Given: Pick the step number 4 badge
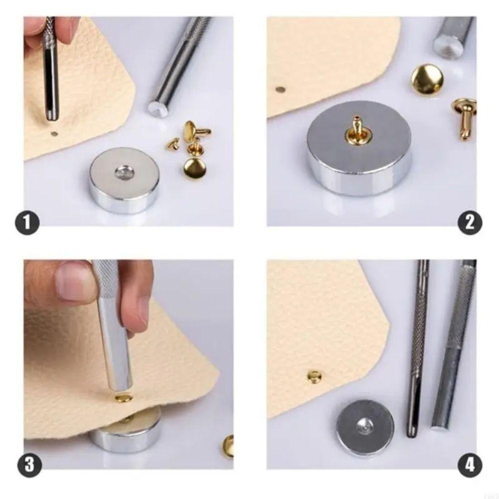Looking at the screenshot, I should point(470,465).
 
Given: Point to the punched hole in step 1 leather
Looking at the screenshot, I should point(54,134).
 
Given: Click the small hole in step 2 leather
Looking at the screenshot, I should point(280,90).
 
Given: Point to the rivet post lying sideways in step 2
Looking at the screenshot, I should point(464,118).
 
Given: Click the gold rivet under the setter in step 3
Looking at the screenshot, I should point(121,398).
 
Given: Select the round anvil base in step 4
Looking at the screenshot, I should point(365,428).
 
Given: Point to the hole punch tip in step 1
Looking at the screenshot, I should point(52,116).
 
